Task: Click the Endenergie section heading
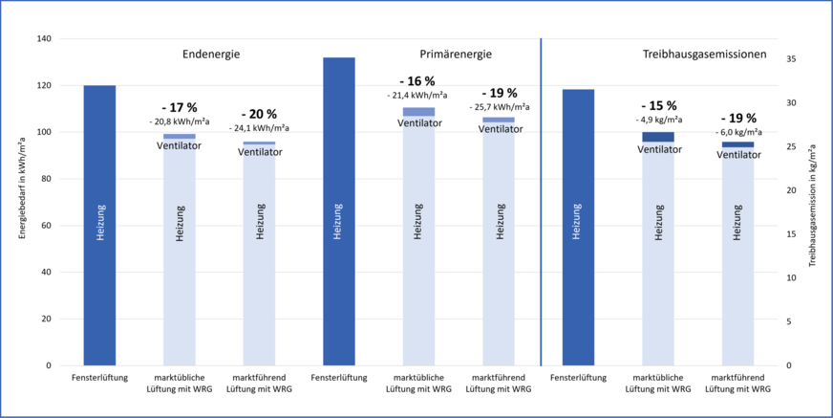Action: coord(211,55)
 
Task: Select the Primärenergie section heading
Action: coord(450,55)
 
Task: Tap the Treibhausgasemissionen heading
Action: coord(704,55)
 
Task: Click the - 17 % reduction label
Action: coord(179,108)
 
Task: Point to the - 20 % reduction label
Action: coord(259,115)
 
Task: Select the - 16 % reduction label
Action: coord(417,81)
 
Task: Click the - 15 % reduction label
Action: coord(658,106)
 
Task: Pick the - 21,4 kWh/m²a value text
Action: coord(417,96)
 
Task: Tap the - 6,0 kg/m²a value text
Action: coord(737,132)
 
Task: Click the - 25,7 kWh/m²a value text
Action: coord(498,107)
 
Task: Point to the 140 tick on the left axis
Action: coord(43,39)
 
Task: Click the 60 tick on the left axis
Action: coord(46,226)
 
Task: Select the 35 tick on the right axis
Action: coord(789,58)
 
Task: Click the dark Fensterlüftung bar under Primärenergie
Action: coord(338,211)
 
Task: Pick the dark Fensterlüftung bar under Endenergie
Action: coord(99,226)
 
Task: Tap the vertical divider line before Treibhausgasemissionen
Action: coord(541,202)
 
